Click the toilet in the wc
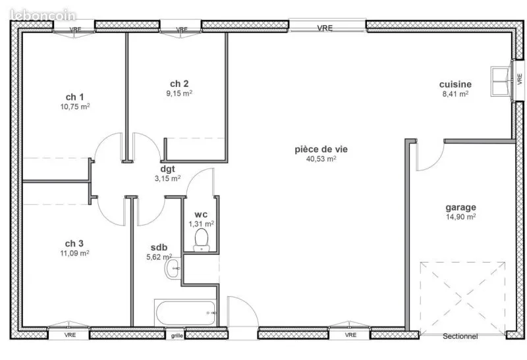coord(202,240)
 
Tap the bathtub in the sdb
coord(186,313)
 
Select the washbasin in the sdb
coord(173,269)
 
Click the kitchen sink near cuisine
coord(501,81)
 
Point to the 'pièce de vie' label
coord(321,149)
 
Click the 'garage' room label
coord(460,207)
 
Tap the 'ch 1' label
coord(74,97)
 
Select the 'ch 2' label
coord(179,84)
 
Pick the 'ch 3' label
coord(74,244)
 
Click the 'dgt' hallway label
coord(167,169)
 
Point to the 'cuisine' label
coord(455,84)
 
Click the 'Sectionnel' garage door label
coord(460,336)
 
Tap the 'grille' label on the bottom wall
coord(177,336)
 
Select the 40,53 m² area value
coord(321,159)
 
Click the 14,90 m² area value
coord(460,217)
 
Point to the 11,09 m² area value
coord(74,253)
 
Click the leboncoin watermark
coord(43,15)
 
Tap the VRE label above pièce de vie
coord(325,28)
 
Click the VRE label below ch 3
coord(70,335)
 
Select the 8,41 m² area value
coord(455,94)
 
